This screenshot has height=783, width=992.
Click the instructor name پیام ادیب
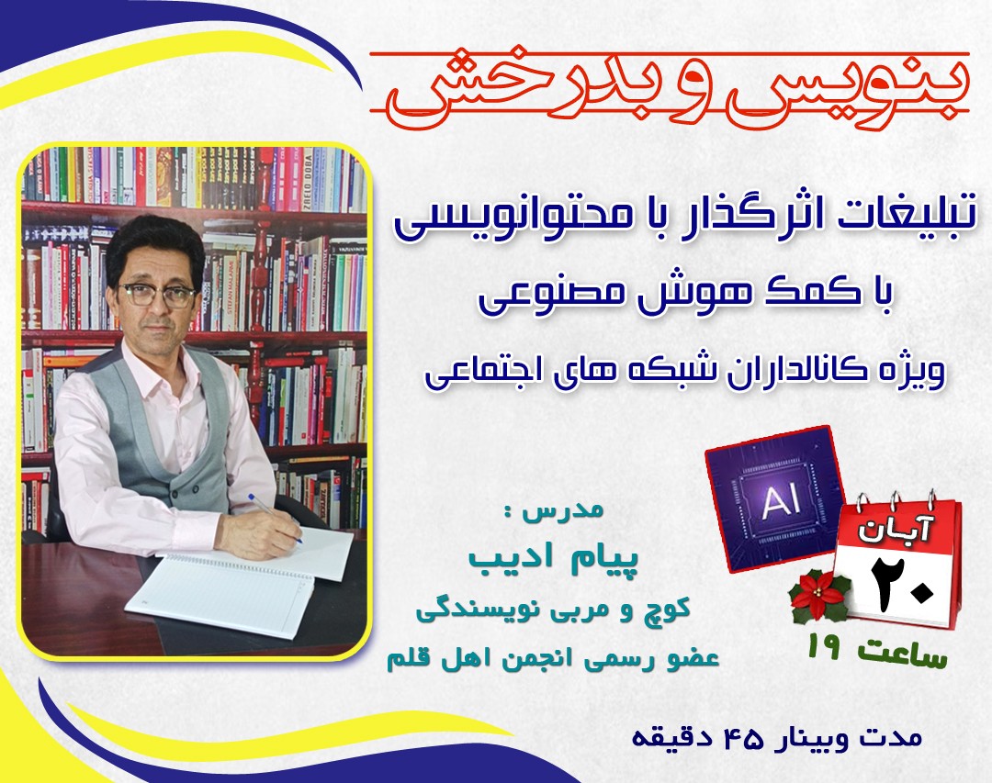point(547,558)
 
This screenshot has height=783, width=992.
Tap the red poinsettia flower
point(818,598)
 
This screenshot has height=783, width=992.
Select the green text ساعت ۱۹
point(877,653)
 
